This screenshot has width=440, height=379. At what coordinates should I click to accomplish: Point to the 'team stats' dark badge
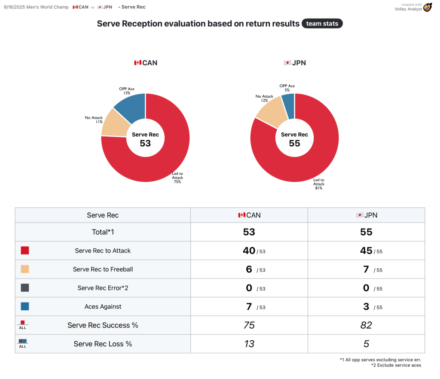point(322,24)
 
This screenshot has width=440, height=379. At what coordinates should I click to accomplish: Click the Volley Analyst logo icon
point(427,7)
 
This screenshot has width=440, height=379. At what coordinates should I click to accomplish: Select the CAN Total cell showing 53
point(249,232)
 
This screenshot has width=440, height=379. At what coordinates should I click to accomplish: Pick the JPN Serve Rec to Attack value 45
point(366,251)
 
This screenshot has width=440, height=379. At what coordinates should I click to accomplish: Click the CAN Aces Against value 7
point(249,307)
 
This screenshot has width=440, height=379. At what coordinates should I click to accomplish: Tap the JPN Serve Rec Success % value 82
point(366,325)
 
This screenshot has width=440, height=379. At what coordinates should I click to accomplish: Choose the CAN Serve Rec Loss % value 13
point(249,344)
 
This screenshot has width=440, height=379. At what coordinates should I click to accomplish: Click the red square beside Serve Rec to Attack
point(25,251)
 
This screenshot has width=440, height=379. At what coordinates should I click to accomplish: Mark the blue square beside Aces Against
point(25,306)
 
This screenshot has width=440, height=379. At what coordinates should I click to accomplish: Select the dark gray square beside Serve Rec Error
point(25,288)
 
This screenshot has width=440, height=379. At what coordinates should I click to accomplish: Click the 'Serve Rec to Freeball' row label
point(103,269)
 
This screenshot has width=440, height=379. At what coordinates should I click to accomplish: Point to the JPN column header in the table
point(367,215)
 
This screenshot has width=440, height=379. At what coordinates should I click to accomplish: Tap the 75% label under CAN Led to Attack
point(177,182)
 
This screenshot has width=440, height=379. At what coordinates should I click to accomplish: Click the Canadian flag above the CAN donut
point(137,63)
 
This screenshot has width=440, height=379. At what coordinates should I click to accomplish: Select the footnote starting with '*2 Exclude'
point(396,365)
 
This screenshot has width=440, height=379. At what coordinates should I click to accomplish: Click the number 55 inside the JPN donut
point(294,143)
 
